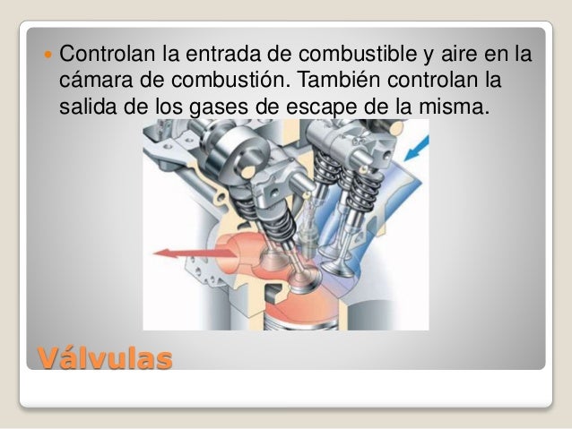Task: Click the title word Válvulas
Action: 105,360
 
